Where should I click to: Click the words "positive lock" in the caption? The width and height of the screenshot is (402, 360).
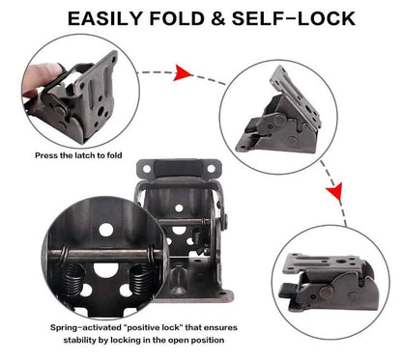(144, 328)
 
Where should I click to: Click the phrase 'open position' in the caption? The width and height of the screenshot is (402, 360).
(199, 340)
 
